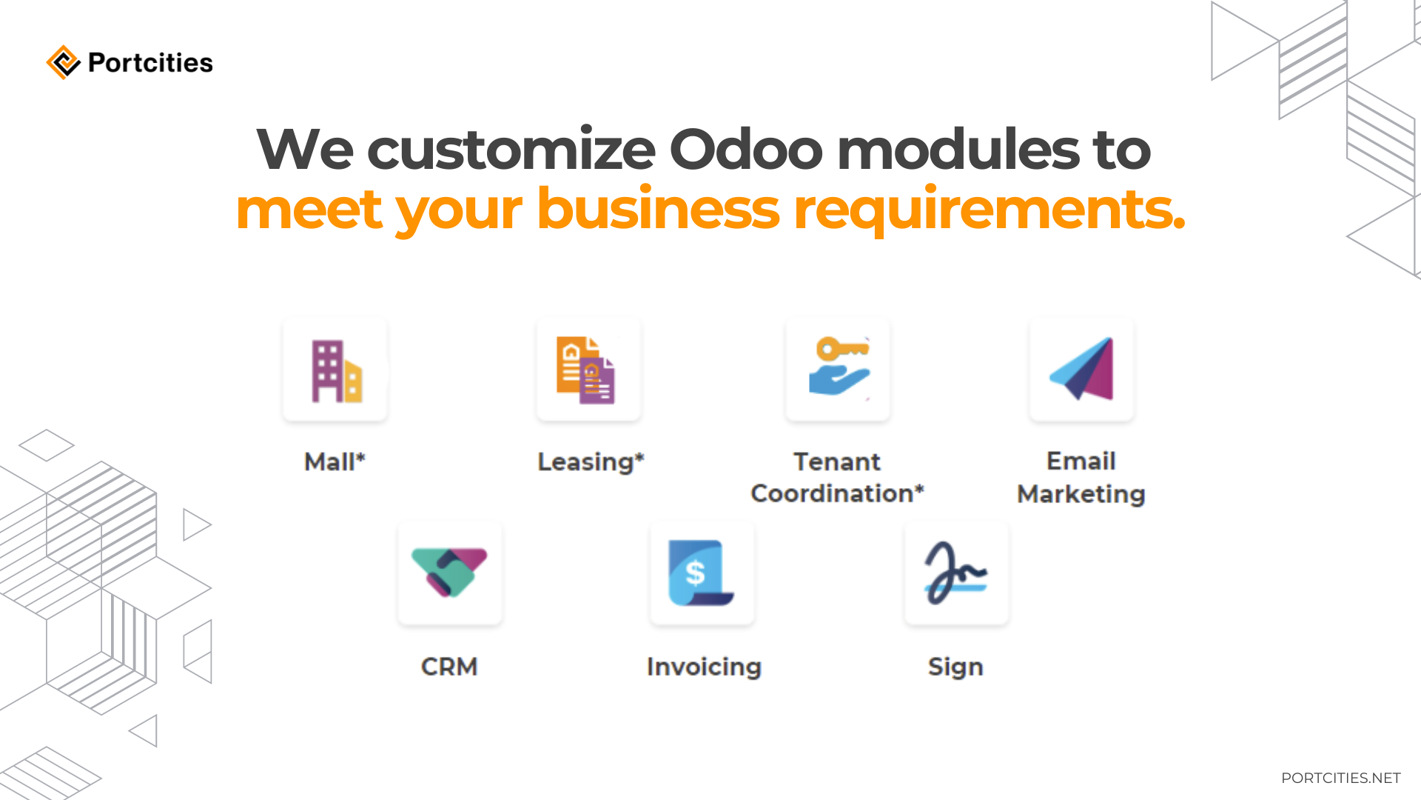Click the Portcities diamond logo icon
63,62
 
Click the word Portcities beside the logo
150,63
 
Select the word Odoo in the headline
745,150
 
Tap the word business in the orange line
658,209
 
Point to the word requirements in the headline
988,209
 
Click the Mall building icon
335,370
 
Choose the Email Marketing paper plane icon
1081,370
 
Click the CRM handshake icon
449,573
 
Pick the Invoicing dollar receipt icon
702,573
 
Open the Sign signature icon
955,573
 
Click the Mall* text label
335,461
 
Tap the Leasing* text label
591,461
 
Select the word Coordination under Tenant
837,493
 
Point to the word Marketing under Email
1081,493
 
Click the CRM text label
449,667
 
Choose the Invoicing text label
704,667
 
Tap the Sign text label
955,667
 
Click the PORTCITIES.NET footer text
1340,778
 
